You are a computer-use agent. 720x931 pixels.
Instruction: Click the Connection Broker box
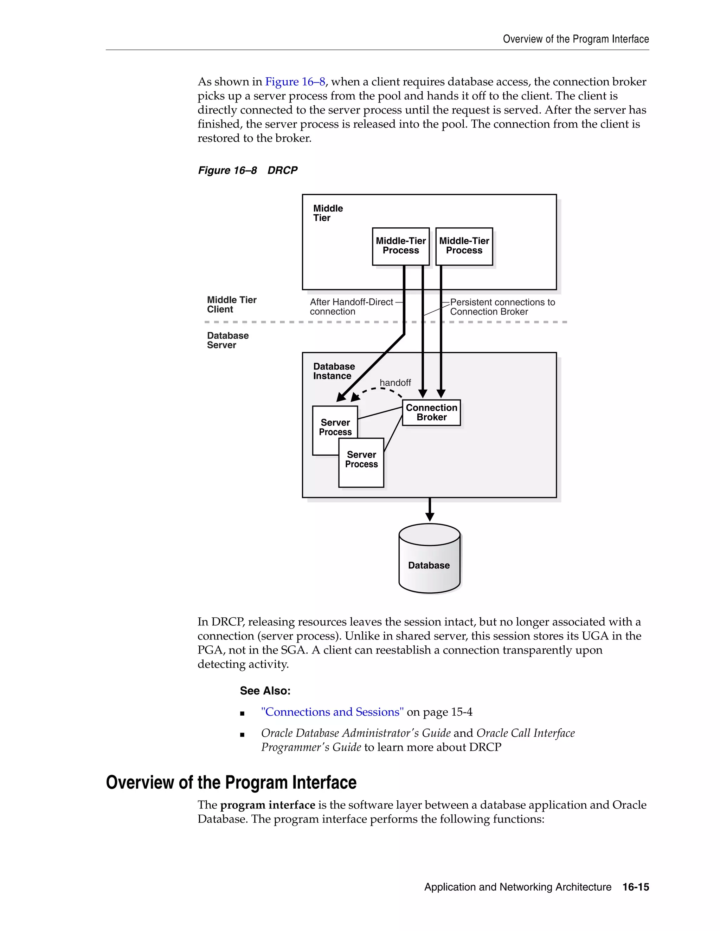coord(431,412)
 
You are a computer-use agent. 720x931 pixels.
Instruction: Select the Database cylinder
coord(429,559)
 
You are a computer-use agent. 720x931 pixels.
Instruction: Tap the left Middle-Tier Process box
coord(400,246)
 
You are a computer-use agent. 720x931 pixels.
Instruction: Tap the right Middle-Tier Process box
coord(464,246)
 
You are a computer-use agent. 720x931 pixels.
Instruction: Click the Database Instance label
coord(334,371)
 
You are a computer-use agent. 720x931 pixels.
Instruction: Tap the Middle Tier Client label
coord(231,304)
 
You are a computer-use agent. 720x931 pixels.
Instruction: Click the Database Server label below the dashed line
coord(227,340)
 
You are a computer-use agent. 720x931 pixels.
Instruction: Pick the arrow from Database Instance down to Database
coord(430,509)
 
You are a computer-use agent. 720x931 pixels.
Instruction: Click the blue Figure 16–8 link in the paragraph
coord(295,82)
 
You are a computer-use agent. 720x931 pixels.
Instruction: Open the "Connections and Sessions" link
coord(332,712)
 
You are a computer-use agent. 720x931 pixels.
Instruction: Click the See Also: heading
coord(265,691)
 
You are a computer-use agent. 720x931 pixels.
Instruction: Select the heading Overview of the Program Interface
coord(231,783)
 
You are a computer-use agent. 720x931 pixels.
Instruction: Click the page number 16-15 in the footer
coord(636,887)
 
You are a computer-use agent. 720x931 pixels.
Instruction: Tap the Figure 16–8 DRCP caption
coord(247,170)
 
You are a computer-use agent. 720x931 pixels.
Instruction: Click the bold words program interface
coord(268,805)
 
